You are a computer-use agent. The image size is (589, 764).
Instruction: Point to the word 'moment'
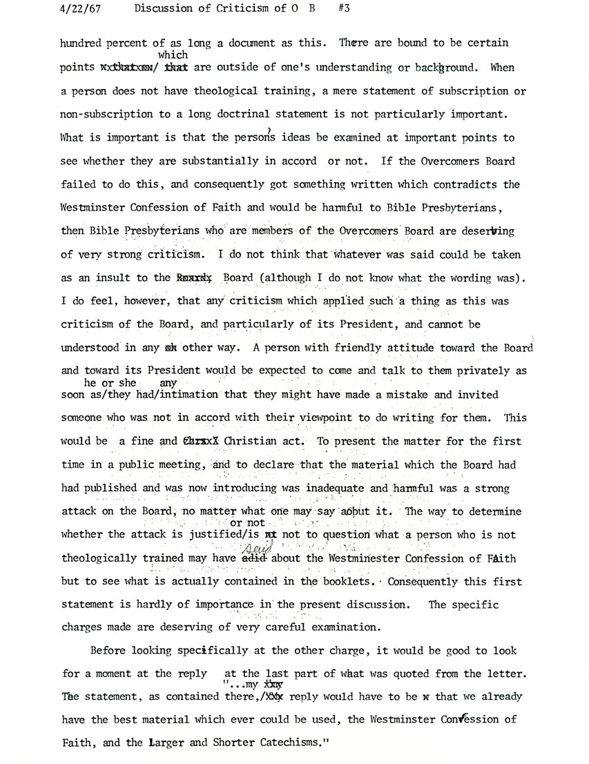(x=121, y=673)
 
